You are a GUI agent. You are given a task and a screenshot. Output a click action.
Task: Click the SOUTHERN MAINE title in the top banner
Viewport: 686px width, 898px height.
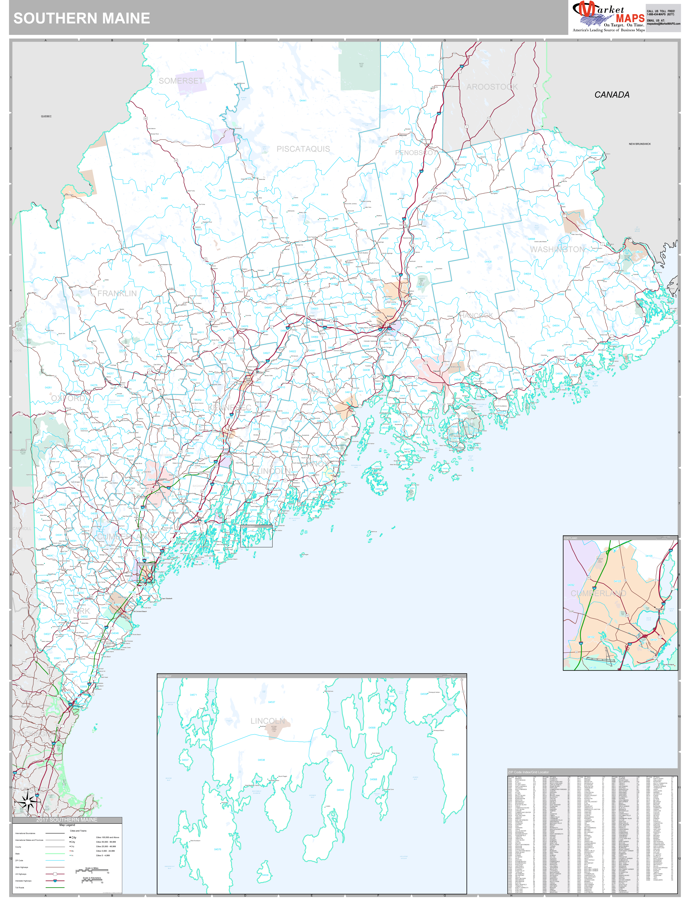(82, 18)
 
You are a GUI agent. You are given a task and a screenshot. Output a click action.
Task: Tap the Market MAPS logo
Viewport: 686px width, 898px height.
(608, 16)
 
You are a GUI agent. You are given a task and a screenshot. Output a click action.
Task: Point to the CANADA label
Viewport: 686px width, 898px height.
(612, 95)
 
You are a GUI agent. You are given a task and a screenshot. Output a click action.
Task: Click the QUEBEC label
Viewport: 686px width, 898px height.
(46, 116)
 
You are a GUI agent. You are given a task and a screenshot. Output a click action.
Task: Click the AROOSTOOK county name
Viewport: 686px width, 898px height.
(492, 87)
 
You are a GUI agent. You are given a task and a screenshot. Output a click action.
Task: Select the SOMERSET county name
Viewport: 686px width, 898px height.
(181, 81)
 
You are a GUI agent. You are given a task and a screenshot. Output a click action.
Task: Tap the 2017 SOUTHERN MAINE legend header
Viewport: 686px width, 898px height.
(67, 820)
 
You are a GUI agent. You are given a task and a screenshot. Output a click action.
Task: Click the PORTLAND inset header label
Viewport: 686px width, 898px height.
(571, 538)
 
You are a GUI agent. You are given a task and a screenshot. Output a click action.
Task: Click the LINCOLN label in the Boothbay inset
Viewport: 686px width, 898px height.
(268, 721)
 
